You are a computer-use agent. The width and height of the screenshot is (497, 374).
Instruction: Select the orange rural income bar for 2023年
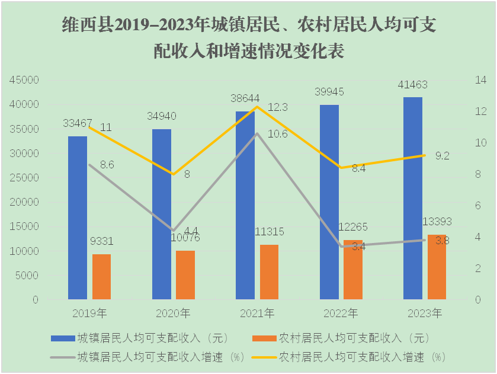tap(437, 267)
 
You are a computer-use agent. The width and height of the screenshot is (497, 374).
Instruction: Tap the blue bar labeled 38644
tap(245, 205)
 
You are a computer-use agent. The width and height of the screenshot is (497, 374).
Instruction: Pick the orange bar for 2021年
tap(269, 272)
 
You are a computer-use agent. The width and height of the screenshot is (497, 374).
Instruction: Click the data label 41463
tap(413, 85)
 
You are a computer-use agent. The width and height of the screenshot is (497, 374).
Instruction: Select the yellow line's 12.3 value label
tap(277, 107)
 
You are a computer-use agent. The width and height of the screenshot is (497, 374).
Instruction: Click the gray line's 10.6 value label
tap(277, 134)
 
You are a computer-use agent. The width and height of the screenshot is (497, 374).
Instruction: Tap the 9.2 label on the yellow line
tap(442, 156)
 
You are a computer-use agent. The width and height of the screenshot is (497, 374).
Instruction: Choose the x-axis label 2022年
tap(341, 312)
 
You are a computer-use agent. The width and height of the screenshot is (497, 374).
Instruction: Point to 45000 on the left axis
tap(24, 80)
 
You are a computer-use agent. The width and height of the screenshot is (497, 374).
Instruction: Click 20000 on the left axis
tap(24, 202)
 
